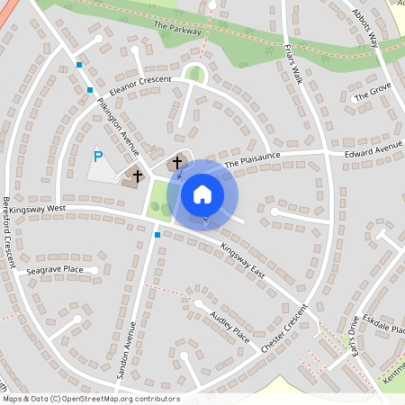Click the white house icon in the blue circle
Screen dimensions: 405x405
tap(202, 194)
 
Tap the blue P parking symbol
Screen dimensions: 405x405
tap(98, 157)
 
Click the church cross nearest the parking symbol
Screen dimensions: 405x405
tap(138, 175)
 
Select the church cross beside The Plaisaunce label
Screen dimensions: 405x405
tap(177, 163)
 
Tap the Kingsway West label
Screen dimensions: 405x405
tap(33, 208)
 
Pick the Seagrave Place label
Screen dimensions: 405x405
tap(54, 269)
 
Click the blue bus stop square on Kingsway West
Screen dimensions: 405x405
tap(157, 235)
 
